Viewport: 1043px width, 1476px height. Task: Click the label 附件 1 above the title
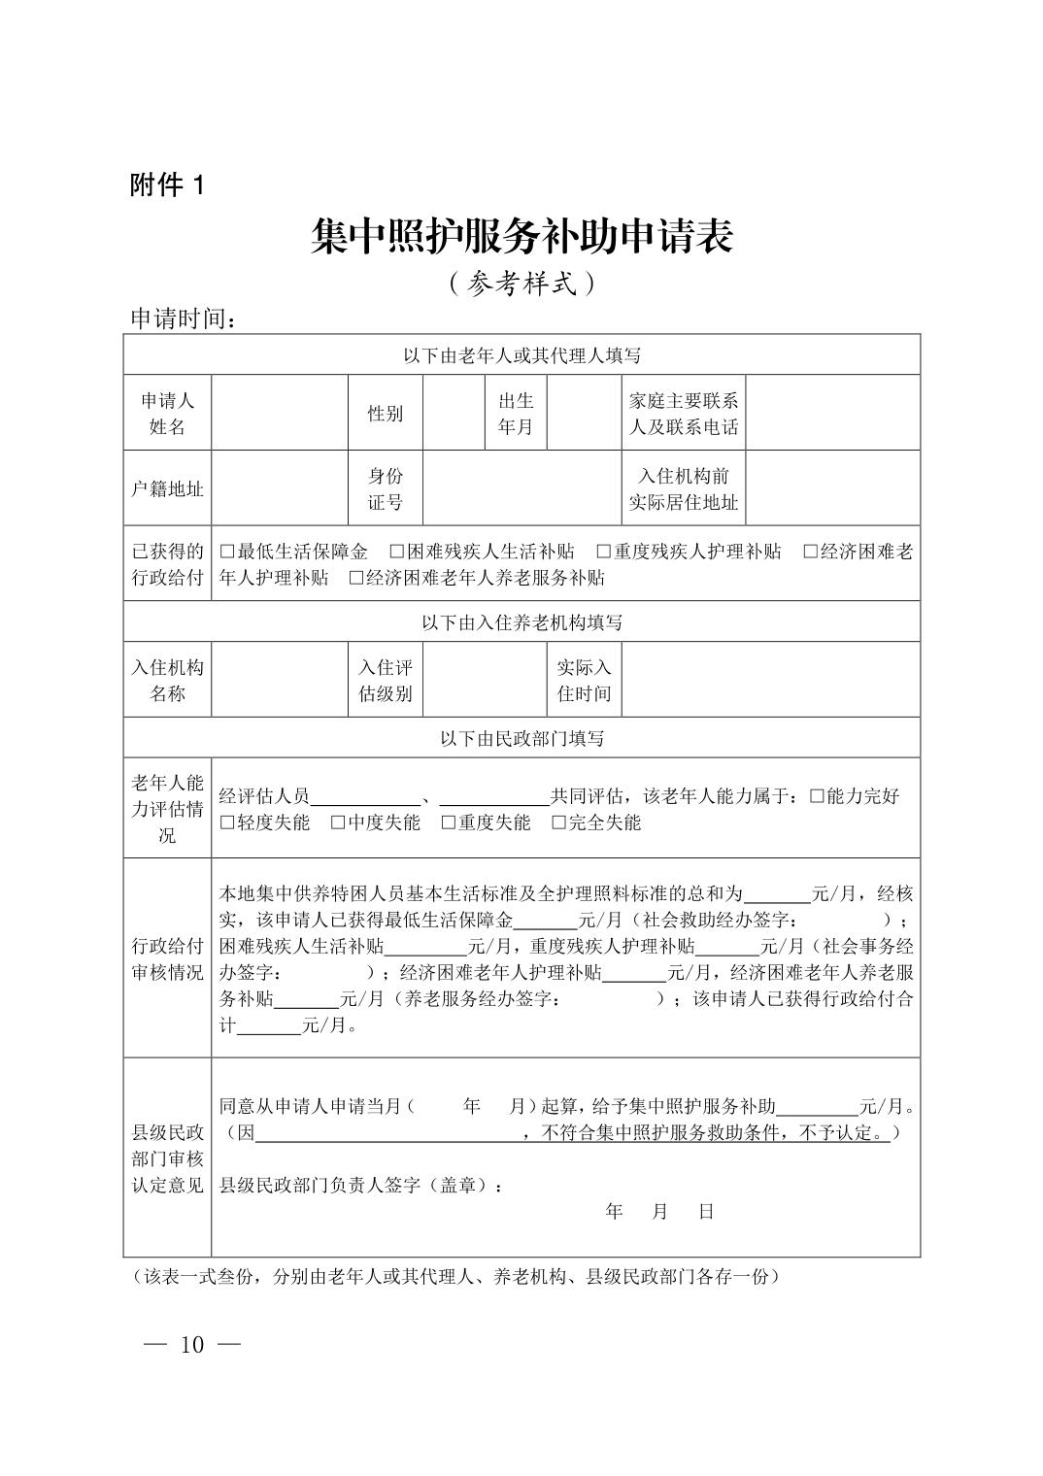coord(167,185)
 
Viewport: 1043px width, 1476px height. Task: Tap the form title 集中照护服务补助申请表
coord(521,237)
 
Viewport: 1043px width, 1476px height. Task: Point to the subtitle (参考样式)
coord(521,283)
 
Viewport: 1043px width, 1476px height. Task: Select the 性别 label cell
coord(385,413)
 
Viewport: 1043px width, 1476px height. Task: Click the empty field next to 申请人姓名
coord(280,413)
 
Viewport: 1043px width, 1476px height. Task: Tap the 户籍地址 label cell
coord(167,488)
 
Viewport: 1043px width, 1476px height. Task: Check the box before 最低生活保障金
coord(227,553)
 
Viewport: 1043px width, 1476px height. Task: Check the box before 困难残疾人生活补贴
coord(397,553)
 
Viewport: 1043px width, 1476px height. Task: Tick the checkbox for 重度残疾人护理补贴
coord(603,553)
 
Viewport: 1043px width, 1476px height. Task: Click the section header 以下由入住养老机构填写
coord(521,621)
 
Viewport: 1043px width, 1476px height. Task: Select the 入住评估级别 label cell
coord(386,680)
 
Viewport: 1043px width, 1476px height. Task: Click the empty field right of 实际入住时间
coord(770,680)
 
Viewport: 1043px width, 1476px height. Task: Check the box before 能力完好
coord(817,797)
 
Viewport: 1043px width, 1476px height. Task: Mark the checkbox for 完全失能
coord(559,823)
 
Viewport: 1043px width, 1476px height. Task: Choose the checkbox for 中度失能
coord(338,823)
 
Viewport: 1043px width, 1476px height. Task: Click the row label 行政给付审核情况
coord(167,959)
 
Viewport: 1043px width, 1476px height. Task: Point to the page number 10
coord(191,1345)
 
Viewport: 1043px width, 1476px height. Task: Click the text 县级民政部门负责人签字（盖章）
coord(361,1185)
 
